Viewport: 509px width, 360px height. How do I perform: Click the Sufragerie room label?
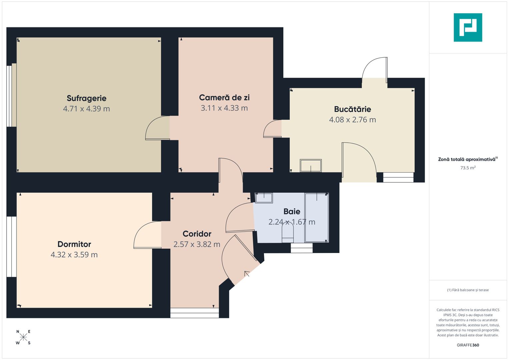(86, 98)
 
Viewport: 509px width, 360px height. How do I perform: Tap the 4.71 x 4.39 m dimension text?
(86, 109)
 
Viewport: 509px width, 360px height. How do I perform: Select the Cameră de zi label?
(224, 97)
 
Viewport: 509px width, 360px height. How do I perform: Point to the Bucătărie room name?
(352, 109)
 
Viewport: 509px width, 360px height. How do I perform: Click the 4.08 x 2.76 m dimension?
(352, 120)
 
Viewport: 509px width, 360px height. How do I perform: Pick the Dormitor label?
(74, 244)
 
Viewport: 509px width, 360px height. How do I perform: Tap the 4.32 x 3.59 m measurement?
(74, 255)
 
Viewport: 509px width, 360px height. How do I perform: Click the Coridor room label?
(197, 234)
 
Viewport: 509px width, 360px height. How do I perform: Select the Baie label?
(292, 211)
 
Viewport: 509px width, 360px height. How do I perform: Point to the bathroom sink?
(264, 198)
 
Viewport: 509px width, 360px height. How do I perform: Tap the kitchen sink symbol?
(311, 165)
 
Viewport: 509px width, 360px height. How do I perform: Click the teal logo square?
(468, 27)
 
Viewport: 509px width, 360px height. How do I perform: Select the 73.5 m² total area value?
(468, 168)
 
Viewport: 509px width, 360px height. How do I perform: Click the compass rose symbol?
(23, 337)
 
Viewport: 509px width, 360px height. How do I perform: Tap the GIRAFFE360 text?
(468, 345)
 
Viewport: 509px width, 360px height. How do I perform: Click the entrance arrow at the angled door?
(247, 273)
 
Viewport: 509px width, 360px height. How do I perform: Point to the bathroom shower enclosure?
(317, 217)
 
